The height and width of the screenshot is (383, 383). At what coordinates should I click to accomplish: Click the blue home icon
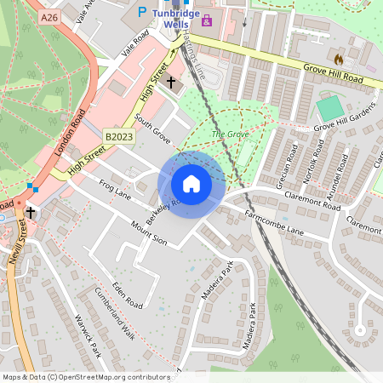click(191, 184)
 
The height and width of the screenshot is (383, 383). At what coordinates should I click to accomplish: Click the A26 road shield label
click(49, 17)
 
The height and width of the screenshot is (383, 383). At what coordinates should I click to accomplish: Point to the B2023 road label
click(120, 135)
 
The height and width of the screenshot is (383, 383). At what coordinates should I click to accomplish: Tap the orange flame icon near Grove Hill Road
click(340, 60)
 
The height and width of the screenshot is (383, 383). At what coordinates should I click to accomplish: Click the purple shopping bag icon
click(206, 19)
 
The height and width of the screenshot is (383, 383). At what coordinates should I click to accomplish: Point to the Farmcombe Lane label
click(274, 223)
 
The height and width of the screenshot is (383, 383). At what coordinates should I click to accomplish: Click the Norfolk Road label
click(307, 161)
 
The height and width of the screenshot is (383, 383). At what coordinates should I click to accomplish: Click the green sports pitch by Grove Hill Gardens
click(329, 109)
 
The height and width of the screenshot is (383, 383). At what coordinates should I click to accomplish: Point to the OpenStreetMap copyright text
click(86, 376)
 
